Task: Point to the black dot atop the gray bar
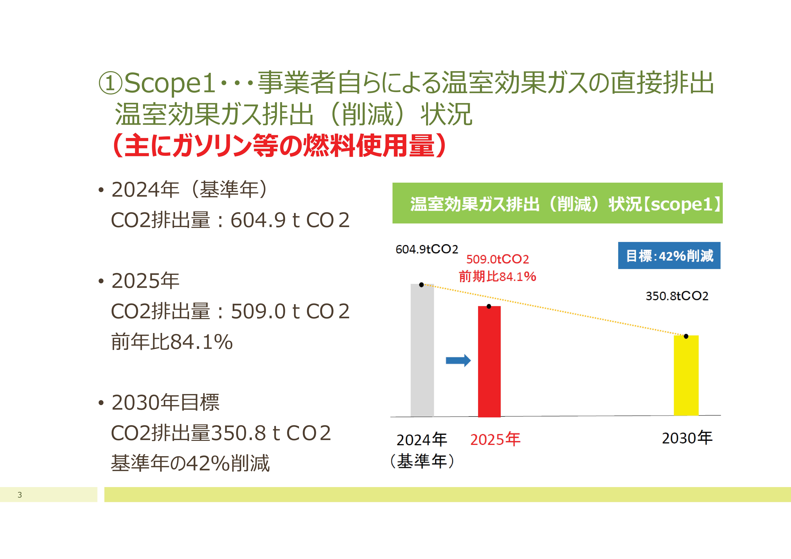(421, 285)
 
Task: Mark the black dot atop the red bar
(489, 306)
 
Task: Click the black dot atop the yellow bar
(686, 336)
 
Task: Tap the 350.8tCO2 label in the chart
(677, 296)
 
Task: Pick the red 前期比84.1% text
(497, 276)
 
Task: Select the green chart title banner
(557, 203)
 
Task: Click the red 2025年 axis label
(495, 439)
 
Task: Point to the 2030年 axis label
(687, 438)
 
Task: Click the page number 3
(20, 495)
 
